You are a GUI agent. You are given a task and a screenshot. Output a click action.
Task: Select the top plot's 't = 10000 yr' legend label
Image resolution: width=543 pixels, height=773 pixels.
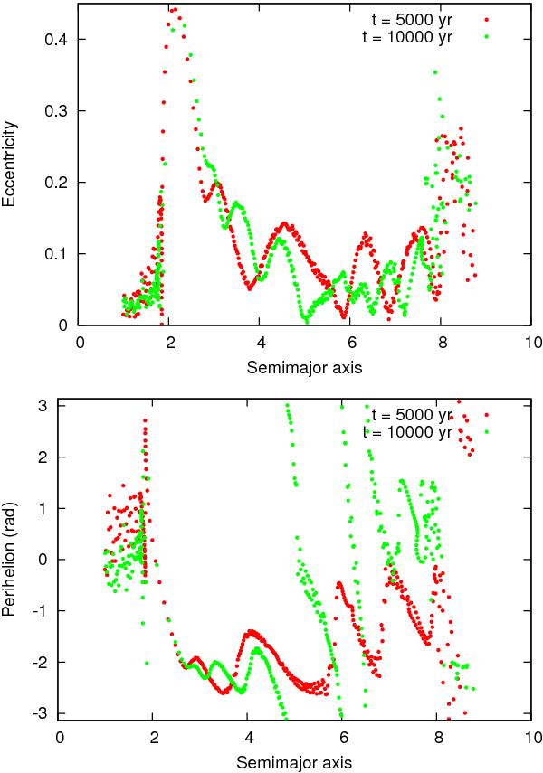[x=405, y=36]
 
